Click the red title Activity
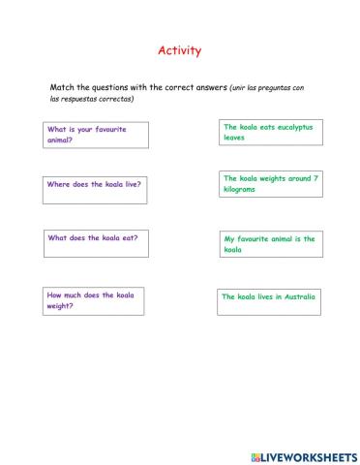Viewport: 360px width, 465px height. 180,50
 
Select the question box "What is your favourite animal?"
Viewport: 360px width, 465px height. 95,134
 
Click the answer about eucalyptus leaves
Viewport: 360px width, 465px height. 268,132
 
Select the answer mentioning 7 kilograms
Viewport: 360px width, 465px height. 270,183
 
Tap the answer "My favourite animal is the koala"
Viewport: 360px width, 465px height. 270,244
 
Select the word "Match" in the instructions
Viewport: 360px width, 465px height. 62,86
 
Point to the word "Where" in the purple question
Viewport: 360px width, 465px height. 58,184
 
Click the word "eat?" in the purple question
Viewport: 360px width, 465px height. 129,238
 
